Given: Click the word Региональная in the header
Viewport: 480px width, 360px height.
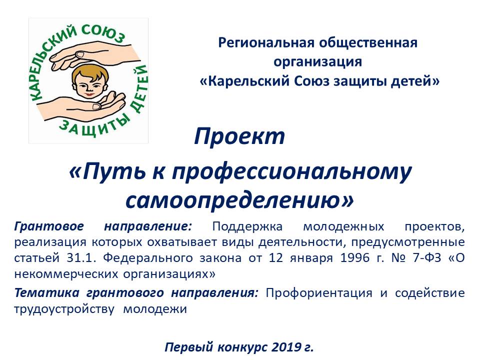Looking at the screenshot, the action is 265,43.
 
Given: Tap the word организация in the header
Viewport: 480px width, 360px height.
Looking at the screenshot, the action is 318,62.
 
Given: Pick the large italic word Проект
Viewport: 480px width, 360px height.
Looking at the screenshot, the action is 239,136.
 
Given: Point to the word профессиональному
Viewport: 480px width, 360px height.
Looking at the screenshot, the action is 291,172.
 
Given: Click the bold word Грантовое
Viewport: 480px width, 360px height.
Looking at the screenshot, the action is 49,226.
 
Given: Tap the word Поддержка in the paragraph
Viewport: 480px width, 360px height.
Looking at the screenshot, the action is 247,226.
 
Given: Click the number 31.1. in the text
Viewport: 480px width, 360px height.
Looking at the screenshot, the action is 81,258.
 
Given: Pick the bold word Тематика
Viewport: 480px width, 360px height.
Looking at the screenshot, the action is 47,293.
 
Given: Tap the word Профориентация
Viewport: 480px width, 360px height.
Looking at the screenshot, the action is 319,293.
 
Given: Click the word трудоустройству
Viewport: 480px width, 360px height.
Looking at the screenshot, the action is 64,309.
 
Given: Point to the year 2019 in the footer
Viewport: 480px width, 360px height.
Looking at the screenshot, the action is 285,347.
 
